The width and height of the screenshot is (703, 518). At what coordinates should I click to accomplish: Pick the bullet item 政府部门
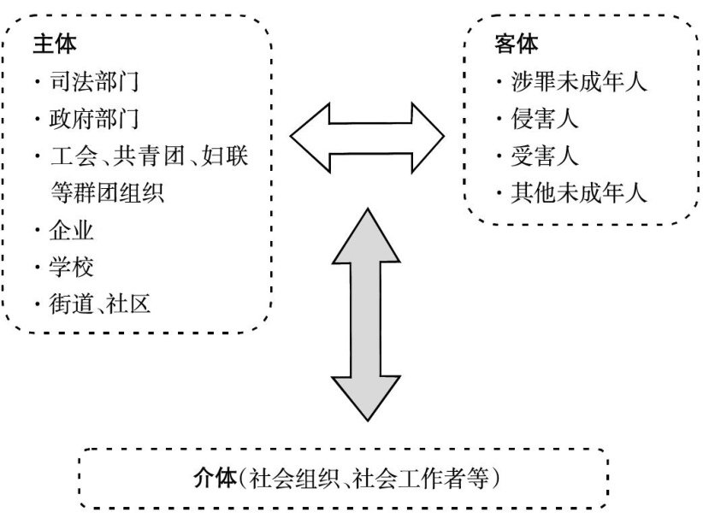pos(95,119)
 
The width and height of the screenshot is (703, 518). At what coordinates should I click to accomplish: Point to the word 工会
pos(71,156)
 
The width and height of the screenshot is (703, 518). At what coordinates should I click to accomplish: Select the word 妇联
pos(227,156)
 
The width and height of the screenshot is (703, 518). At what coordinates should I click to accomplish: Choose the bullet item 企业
pos(73,231)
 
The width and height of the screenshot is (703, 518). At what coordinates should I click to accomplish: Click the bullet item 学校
pos(73,268)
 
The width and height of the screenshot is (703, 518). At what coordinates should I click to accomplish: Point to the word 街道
pos(72,304)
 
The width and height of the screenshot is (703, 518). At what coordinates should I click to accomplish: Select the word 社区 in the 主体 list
pos(130,304)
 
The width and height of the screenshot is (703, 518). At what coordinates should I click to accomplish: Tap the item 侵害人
pos(545,119)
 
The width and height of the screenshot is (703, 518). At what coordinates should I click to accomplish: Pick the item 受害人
pos(545,156)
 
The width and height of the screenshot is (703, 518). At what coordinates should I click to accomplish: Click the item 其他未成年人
pos(579,193)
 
